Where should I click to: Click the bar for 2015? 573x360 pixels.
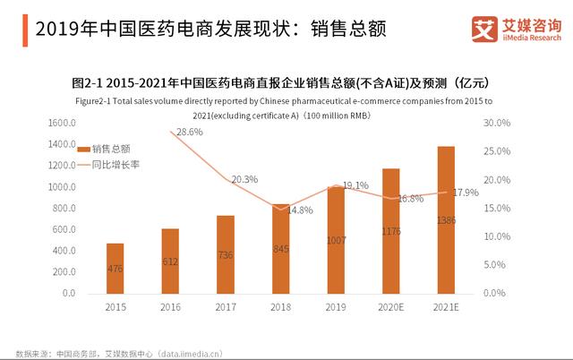(115, 268)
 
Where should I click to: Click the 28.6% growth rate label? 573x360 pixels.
(189, 132)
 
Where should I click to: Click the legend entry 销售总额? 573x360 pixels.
(111, 150)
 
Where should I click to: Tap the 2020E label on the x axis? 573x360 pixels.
(389, 307)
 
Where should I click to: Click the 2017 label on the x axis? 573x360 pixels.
(225, 307)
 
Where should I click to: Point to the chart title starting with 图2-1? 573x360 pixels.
(286, 84)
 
